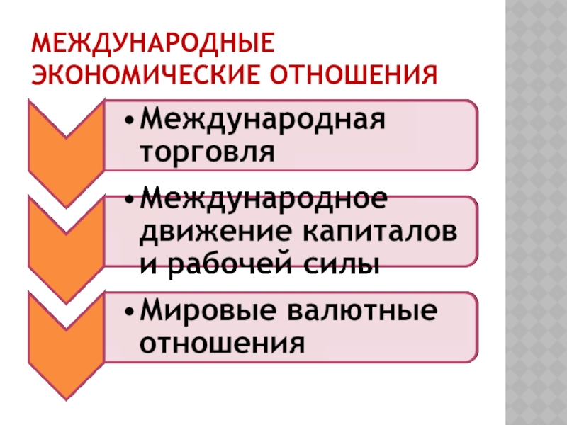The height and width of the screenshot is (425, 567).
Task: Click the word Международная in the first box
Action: (x=263, y=118)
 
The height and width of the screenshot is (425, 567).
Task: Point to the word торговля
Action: (x=206, y=150)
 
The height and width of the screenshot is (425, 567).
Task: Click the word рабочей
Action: (x=231, y=264)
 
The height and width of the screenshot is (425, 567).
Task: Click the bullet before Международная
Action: (x=129, y=119)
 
